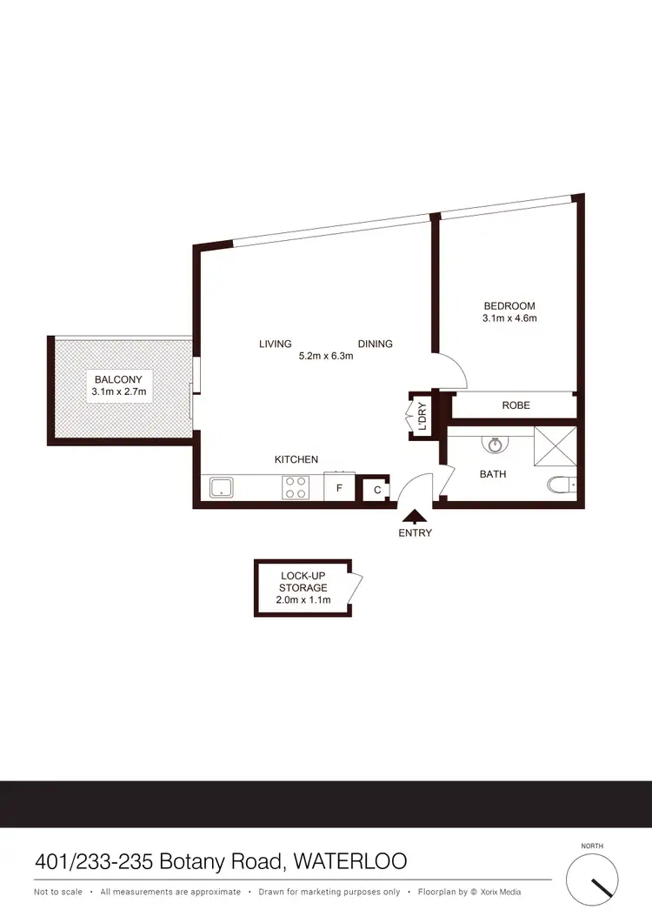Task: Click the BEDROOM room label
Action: pos(509,306)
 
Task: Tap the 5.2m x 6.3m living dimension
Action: pos(326,356)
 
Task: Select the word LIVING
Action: pos(275,344)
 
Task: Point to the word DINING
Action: pos(375,344)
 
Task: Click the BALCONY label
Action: pos(120,378)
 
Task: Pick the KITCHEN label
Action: pos(296,459)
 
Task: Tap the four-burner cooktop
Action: pos(296,488)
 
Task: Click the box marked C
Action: pos(376,491)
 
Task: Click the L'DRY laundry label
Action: pos(422,415)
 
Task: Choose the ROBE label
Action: pos(516,405)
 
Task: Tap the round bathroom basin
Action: pos(495,445)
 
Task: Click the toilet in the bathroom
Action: pos(562,485)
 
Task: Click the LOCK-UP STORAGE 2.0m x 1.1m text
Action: pos(303,588)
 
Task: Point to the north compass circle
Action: pos(595,880)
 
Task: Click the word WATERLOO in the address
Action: pos(350,862)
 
